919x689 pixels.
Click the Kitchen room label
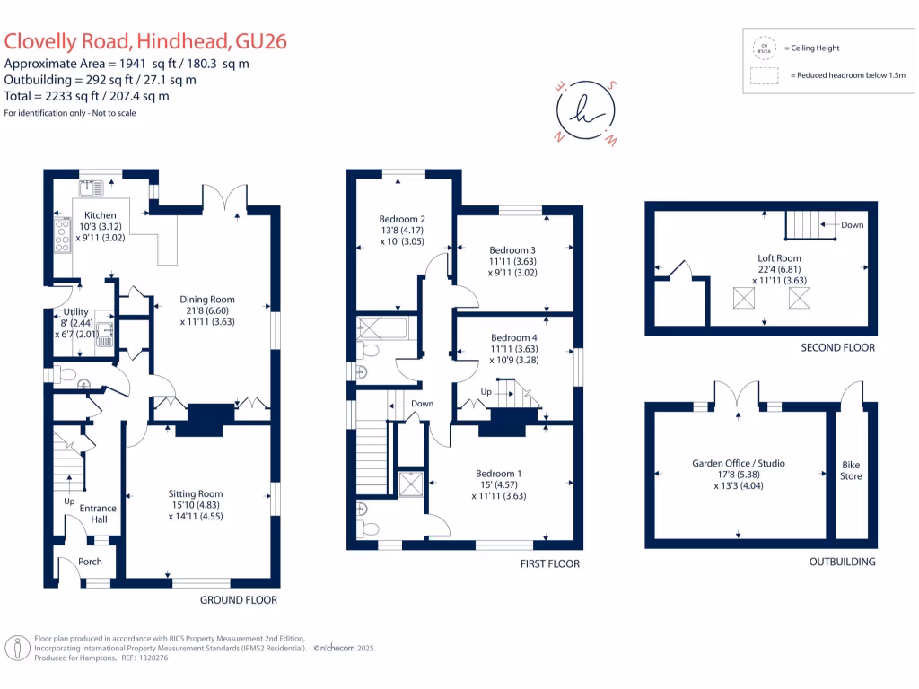click(101, 215)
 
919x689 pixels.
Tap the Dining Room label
click(207, 300)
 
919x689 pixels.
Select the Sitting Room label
click(196, 493)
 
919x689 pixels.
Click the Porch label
click(90, 562)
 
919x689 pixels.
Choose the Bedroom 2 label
click(402, 219)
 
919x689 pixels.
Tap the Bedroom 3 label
click(512, 250)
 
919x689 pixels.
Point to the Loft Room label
click(779, 257)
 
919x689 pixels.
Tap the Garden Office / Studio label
click(739, 463)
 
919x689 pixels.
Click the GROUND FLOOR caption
click(238, 600)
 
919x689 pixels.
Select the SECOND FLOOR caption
click(836, 347)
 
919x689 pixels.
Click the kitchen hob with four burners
click(64, 234)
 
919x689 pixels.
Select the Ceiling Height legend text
click(811, 48)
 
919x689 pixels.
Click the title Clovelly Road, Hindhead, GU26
click(145, 41)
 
